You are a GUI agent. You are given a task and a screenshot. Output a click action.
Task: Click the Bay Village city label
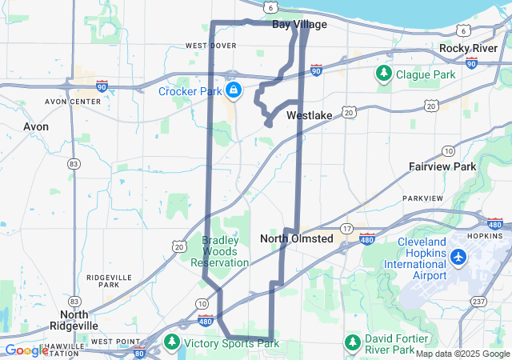coord(299,25)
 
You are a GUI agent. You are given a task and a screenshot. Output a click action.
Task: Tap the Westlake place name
coord(309,115)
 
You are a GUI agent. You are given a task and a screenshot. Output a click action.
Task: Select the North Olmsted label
coord(296,238)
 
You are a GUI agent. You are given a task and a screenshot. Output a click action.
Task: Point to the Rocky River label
coord(469,49)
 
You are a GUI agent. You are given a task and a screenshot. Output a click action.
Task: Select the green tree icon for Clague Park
coord(384,74)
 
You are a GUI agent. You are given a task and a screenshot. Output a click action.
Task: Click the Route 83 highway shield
coord(74,164)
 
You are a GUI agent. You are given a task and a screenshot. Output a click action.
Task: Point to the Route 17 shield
coord(346,229)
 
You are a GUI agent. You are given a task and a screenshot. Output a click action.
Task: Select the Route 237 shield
coord(478,301)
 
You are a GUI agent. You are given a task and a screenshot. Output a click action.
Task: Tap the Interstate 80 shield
coord(139,353)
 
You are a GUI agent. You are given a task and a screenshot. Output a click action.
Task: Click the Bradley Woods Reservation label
coord(225,251)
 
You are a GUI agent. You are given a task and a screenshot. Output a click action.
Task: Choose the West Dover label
coord(211,46)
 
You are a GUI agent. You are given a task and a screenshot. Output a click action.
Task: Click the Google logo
coord(26,350)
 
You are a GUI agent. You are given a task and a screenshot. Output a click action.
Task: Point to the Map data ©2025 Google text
coord(462,354)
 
